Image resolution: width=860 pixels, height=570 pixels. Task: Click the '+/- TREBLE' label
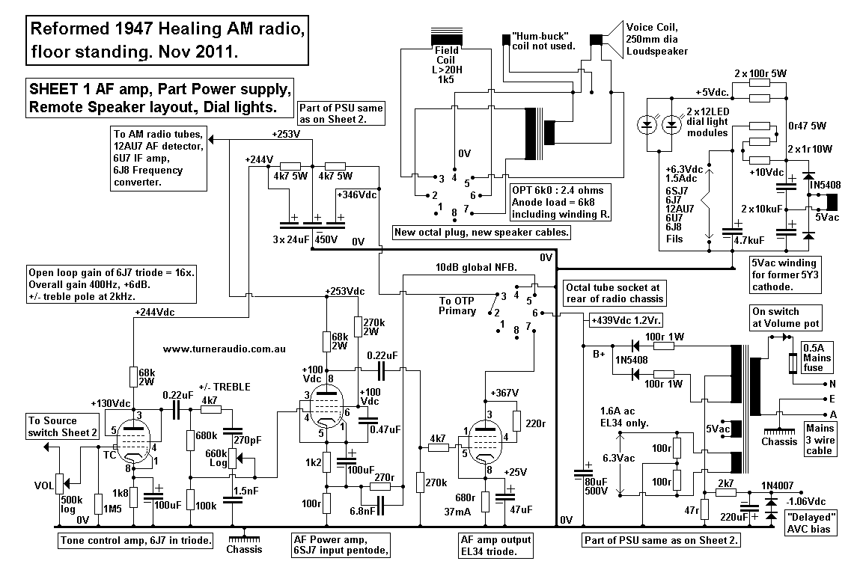point(224,387)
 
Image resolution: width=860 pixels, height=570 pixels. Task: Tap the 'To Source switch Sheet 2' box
point(64,426)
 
